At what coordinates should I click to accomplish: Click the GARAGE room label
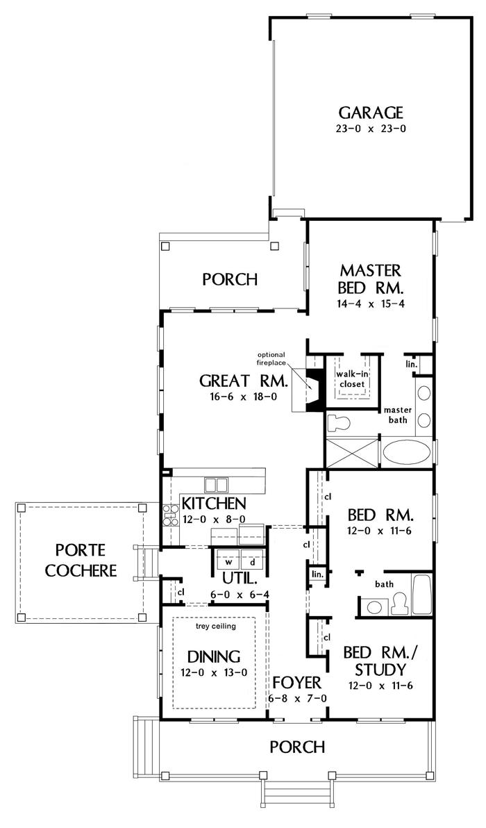371,113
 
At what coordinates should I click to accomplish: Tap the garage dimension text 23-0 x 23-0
371,129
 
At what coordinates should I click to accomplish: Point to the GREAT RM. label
243,381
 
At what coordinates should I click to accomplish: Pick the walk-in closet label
351,379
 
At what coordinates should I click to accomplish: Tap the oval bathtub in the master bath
405,452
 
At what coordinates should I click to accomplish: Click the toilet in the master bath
339,422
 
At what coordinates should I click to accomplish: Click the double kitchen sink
217,485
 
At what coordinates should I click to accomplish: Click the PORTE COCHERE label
81,561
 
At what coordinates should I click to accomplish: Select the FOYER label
297,683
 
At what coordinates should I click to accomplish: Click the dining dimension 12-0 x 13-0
215,672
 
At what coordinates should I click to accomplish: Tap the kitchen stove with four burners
171,515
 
